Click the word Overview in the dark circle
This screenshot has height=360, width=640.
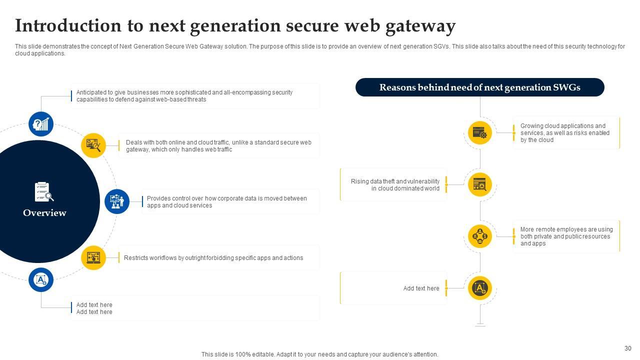44,213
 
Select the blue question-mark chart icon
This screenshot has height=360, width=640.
41,124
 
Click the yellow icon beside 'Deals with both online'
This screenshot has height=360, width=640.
93,145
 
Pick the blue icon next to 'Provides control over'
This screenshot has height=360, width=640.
117,201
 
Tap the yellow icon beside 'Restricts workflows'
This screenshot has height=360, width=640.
93,258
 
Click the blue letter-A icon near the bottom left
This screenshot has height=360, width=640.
41,280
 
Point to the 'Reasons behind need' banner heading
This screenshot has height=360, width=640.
479,87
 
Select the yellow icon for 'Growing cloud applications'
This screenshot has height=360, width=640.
480,132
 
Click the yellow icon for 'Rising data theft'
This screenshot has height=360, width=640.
480,184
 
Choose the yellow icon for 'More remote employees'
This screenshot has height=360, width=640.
480,236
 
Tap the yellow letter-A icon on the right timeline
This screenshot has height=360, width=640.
480,288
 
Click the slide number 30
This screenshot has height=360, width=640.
628,348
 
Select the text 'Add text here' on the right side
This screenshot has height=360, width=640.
421,288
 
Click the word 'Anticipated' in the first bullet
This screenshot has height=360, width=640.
91,92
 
